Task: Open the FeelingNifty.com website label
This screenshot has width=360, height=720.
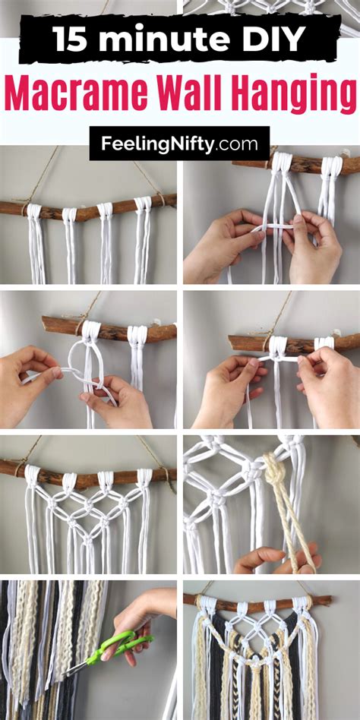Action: pyautogui.click(x=179, y=143)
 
